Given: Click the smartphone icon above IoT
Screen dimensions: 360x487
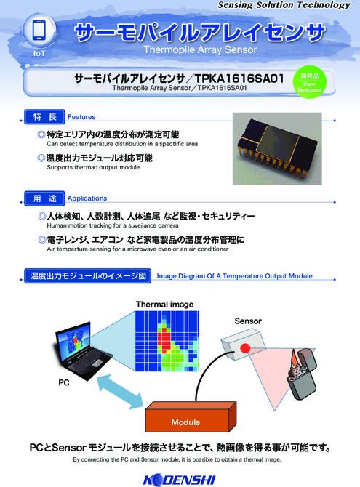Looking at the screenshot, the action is pos(39,30).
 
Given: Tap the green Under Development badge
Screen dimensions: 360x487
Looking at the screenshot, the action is pos(310,82).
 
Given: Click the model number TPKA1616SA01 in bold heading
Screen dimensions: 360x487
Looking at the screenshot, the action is pos(239,79).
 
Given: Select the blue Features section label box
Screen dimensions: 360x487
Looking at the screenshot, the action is pos(45,117).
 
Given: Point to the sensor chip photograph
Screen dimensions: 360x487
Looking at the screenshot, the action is pos(277,148).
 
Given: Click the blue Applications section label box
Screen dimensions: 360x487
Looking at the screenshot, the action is pos(45,198).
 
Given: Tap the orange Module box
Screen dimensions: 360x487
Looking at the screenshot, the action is pos(191,416).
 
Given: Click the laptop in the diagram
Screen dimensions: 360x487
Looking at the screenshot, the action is pos(81,351).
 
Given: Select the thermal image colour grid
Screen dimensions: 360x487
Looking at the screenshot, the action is pos(167,341).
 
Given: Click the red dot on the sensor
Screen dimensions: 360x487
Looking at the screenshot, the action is pos(245,348).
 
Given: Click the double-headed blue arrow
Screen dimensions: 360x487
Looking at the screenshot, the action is pos(120,392).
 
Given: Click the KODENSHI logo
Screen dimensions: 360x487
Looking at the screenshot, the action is pos(180,480).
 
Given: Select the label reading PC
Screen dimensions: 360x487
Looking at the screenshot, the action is pos(64,382).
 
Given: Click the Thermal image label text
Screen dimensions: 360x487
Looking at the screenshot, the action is pos(164,305).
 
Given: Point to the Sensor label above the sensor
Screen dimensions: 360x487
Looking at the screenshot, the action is pos(248,321).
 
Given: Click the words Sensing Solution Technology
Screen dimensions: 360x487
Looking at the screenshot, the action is pos(284,5).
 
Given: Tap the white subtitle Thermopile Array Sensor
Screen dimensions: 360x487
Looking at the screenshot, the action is pos(200,49).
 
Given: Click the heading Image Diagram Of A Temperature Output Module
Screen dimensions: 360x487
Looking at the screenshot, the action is pos(234,275).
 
